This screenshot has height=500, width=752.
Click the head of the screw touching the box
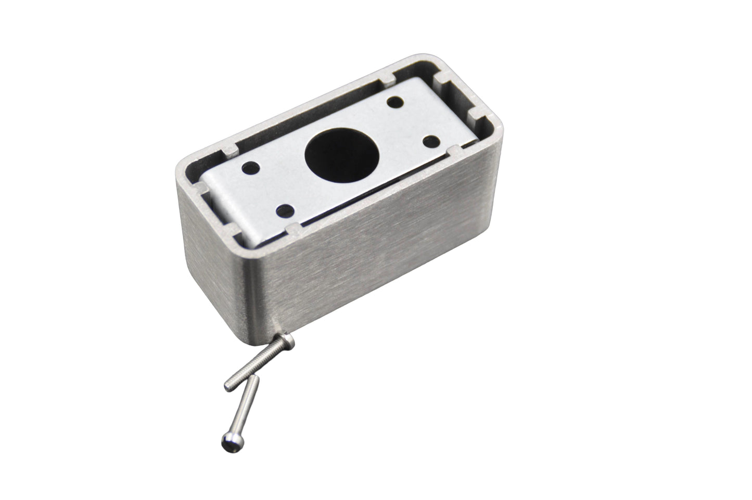tap(288, 342)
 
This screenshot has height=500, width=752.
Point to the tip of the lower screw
tap(253, 382)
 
